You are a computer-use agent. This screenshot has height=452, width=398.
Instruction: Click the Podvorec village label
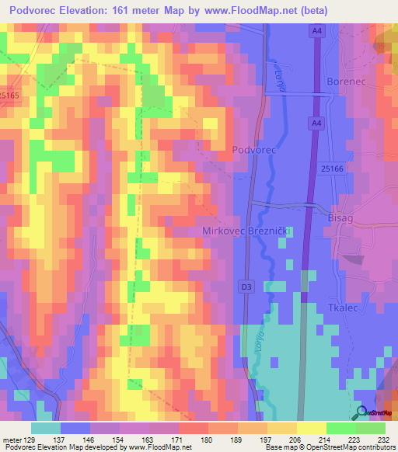coord(254,148)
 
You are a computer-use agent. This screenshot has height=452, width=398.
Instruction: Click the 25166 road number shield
coord(331,168)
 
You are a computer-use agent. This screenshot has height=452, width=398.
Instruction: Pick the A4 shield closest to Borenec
coord(316,123)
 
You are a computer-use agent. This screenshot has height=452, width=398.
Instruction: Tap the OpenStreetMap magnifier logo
coord(361,412)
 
